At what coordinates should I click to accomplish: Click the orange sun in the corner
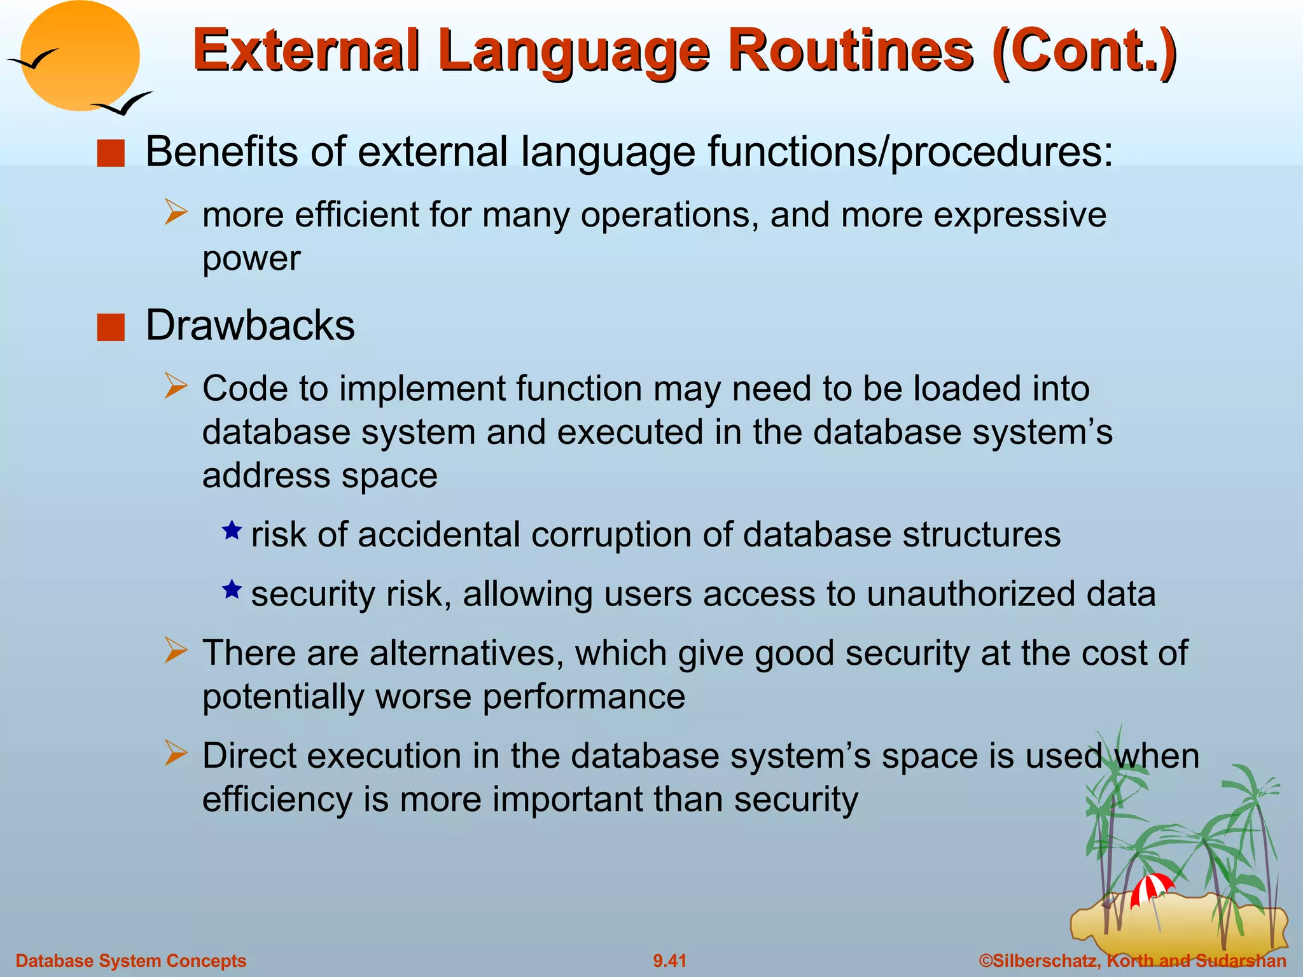[x=80, y=56]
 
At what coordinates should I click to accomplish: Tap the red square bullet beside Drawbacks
[x=111, y=328]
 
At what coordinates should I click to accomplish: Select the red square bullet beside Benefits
[x=111, y=153]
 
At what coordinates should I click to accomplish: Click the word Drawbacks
[x=250, y=325]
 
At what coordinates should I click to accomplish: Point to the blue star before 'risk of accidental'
[x=232, y=530]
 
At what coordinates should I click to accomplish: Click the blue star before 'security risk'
[x=232, y=590]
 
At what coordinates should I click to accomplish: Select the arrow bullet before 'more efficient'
[x=176, y=212]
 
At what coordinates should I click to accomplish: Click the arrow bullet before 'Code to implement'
[x=176, y=385]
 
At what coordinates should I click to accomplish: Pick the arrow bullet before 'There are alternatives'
[x=176, y=650]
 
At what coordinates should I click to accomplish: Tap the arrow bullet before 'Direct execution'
[x=176, y=753]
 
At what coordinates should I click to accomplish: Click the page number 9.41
[x=669, y=960]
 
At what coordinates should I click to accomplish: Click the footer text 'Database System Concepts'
[x=131, y=960]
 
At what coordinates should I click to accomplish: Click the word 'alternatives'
[x=466, y=653]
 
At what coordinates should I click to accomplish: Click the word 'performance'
[x=583, y=696]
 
